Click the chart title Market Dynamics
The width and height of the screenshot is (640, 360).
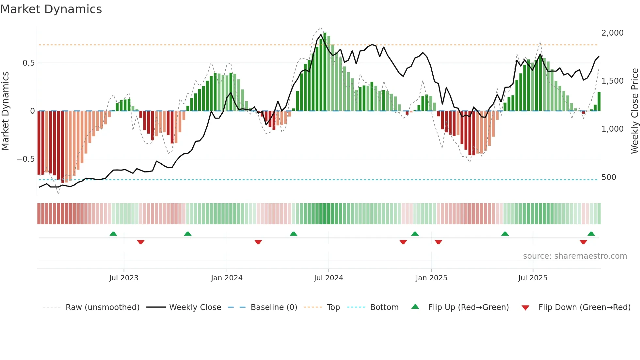pyautogui.click(x=51, y=9)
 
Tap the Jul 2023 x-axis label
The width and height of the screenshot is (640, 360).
pyautogui.click(x=124, y=278)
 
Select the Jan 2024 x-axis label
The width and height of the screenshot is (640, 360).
pyautogui.click(x=227, y=278)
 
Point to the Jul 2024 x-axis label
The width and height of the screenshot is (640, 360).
pyautogui.click(x=328, y=278)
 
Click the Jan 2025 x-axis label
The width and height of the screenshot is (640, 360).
pyautogui.click(x=431, y=278)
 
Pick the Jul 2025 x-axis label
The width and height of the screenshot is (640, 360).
pyautogui.click(x=533, y=278)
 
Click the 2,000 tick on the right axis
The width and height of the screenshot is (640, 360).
pyautogui.click(x=612, y=33)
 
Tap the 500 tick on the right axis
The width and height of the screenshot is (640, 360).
pyautogui.click(x=609, y=177)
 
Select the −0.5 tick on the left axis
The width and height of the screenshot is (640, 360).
pyautogui.click(x=25, y=159)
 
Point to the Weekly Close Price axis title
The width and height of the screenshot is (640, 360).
pyautogui.click(x=634, y=111)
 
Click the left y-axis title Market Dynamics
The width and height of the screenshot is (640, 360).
pyautogui.click(x=5, y=111)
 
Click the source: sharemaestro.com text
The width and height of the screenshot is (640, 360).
pyautogui.click(x=575, y=256)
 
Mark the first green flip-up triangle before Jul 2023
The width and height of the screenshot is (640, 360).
pyautogui.click(x=113, y=234)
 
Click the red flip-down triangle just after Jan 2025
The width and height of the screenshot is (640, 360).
pyautogui.click(x=439, y=242)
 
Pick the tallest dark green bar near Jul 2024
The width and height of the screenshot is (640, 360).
pyautogui.click(x=325, y=72)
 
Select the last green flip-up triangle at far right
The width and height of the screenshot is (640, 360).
pyautogui.click(x=591, y=234)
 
